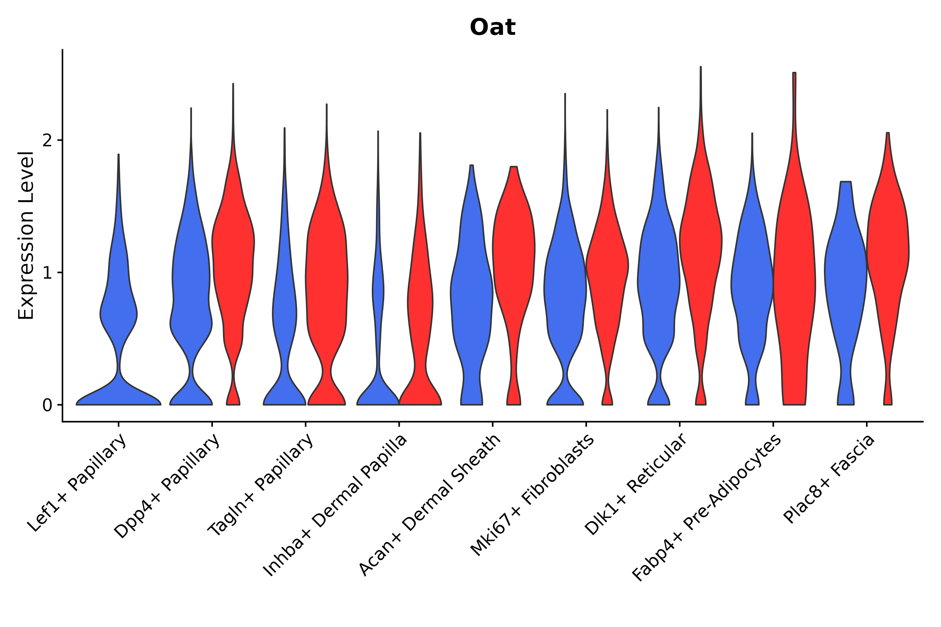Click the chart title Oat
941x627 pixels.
pyautogui.click(x=492, y=28)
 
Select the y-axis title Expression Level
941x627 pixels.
pyautogui.click(x=26, y=235)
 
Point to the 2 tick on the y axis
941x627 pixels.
pyautogui.click(x=47, y=140)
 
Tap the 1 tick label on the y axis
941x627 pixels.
pyautogui.click(x=47, y=273)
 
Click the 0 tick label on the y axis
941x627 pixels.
pyautogui.click(x=47, y=405)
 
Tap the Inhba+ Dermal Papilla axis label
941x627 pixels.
pyautogui.click(x=335, y=505)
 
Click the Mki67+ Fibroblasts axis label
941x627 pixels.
pyautogui.click(x=533, y=495)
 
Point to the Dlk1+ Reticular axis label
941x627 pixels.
pyautogui.click(x=636, y=484)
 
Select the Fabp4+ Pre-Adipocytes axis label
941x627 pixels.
pyautogui.click(x=706, y=508)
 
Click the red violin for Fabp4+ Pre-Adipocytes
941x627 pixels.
pyautogui.click(x=794, y=280)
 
